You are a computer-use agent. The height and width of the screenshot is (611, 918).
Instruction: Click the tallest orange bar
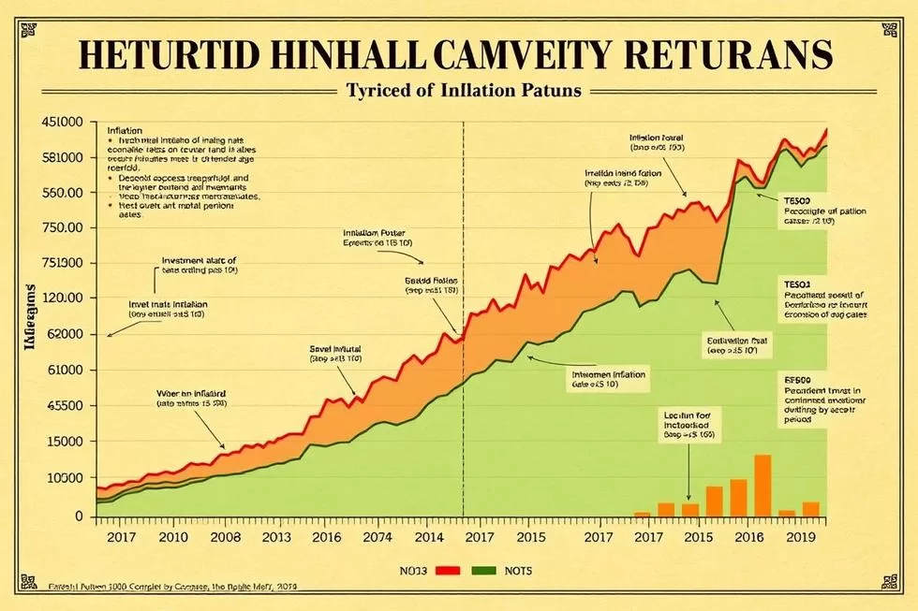click(x=763, y=485)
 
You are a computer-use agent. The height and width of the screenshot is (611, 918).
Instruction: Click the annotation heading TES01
click(x=796, y=282)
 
